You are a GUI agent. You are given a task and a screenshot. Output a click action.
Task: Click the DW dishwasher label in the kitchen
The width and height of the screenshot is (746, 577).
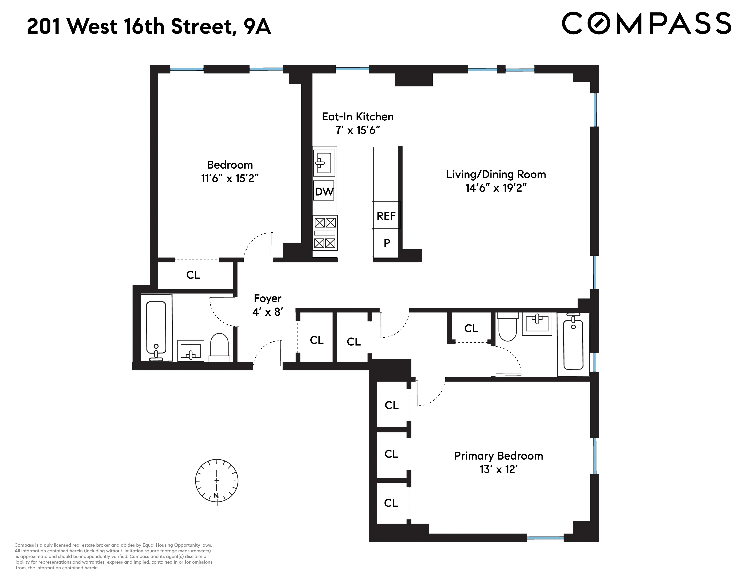(x=323, y=191)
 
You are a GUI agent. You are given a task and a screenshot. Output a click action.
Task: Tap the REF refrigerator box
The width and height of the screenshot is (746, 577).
(x=386, y=216)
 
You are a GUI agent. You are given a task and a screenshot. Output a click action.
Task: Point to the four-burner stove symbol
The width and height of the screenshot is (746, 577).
(x=325, y=233)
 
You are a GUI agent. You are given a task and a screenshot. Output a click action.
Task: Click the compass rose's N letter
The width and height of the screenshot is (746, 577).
(x=216, y=495)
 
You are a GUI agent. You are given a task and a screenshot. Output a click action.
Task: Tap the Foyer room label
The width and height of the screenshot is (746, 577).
(x=267, y=298)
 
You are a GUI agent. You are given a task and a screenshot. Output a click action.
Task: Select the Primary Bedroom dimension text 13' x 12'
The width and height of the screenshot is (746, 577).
(x=498, y=469)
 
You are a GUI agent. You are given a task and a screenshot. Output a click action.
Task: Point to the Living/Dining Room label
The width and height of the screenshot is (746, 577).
(x=496, y=174)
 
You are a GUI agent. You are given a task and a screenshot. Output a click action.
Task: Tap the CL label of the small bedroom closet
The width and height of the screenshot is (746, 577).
(x=193, y=275)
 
